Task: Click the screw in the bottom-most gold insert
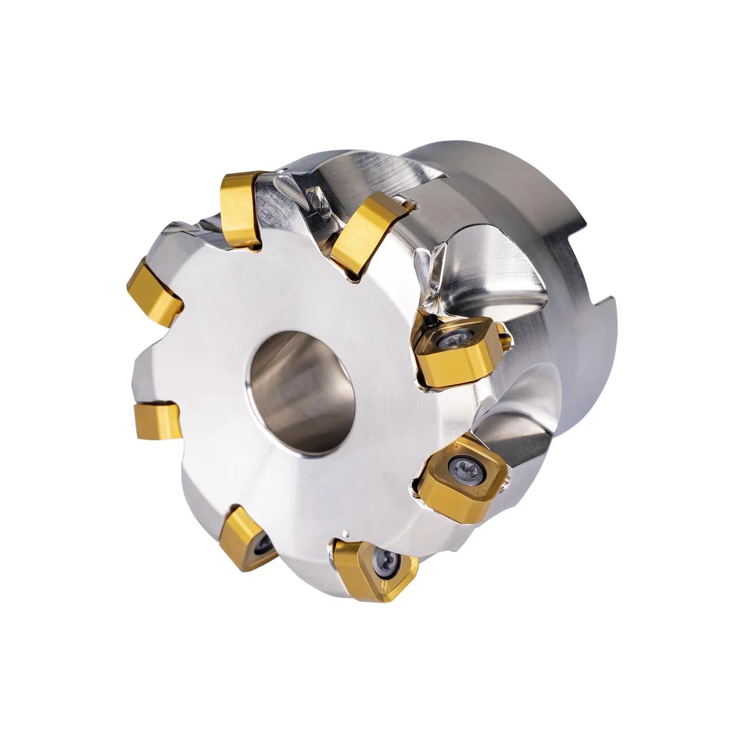385,562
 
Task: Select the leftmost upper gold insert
154,292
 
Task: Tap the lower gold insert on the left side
158,420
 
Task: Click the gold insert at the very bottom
376,569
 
